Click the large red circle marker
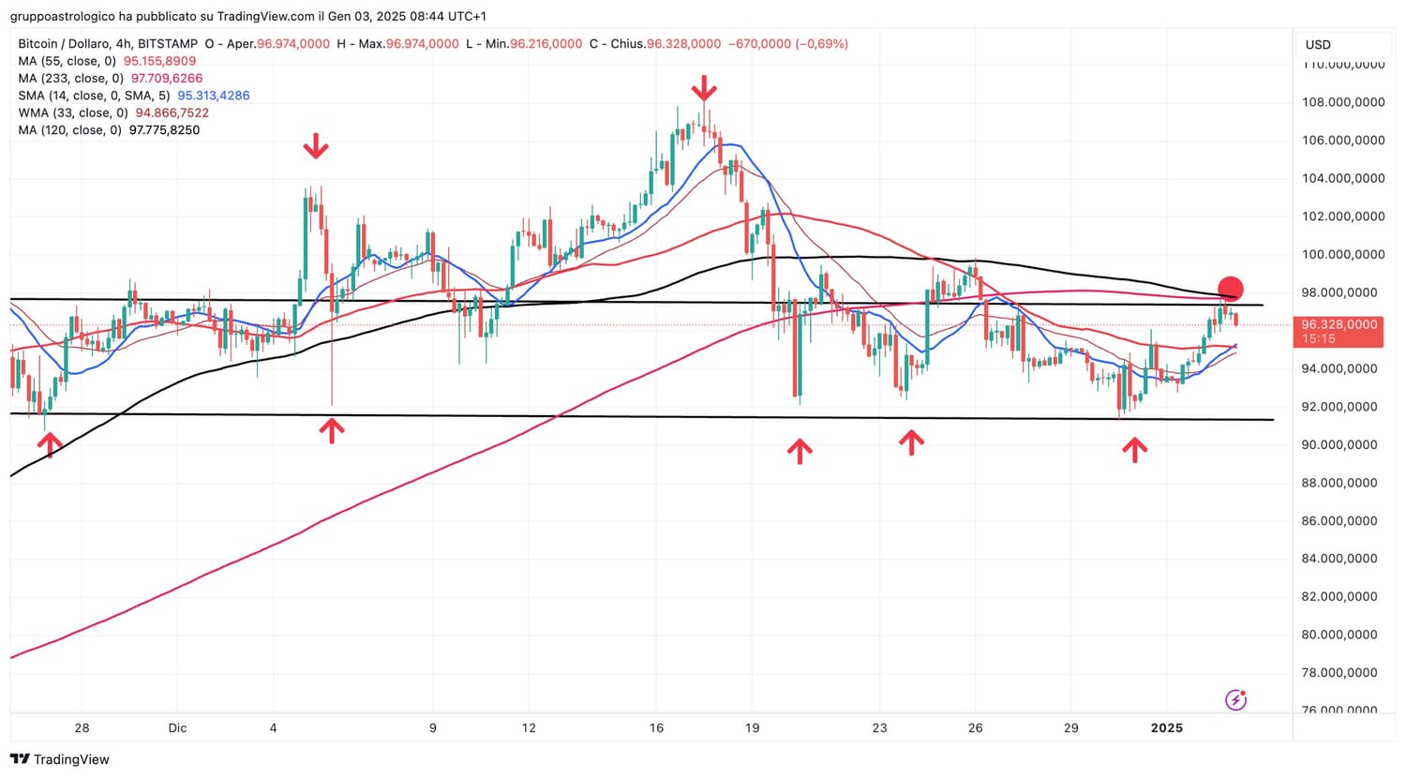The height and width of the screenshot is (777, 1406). (x=1230, y=290)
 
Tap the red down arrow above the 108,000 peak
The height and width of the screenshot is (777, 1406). (x=704, y=90)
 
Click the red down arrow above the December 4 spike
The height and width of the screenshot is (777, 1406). (x=316, y=146)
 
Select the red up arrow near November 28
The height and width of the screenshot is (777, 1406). (x=50, y=444)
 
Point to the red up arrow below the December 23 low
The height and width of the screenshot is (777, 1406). (x=911, y=441)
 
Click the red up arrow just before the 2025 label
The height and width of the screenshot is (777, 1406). (x=1135, y=450)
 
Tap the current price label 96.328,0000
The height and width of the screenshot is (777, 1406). (x=1339, y=324)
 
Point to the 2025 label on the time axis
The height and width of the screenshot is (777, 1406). (x=1167, y=727)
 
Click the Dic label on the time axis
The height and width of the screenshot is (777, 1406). (x=177, y=727)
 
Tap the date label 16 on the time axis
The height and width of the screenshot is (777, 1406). (x=656, y=727)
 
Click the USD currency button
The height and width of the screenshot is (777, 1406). (x=1318, y=44)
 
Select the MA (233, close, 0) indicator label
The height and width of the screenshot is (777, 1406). (x=70, y=79)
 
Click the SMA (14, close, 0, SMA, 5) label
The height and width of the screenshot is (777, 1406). (x=94, y=96)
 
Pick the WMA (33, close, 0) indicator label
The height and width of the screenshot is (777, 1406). (x=73, y=112)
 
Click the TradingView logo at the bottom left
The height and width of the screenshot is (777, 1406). (x=60, y=759)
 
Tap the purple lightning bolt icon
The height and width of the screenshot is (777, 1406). (x=1235, y=699)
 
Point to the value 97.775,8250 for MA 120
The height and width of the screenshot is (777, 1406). (x=164, y=130)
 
